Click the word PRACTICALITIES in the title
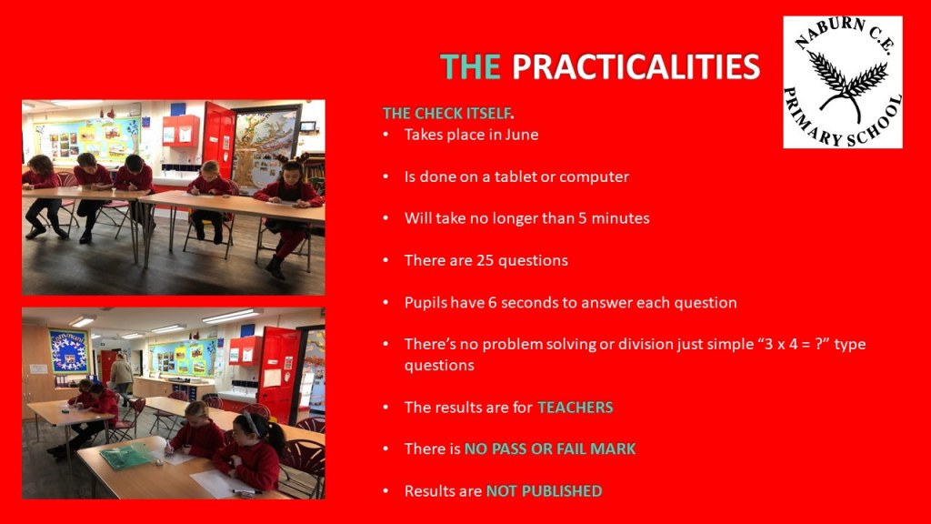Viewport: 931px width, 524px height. click(636, 66)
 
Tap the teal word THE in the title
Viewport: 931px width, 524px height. click(470, 66)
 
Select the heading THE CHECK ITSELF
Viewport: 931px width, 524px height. click(448, 113)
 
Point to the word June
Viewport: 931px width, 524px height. click(522, 135)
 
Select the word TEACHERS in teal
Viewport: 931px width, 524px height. click(576, 407)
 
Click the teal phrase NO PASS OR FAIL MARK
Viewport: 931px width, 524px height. click(550, 448)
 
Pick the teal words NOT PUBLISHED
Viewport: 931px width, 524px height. click(544, 490)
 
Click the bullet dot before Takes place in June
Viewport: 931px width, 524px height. click(385, 135)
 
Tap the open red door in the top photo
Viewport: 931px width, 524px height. click(218, 139)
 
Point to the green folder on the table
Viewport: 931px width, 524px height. click(125, 456)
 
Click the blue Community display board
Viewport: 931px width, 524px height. click(67, 351)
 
